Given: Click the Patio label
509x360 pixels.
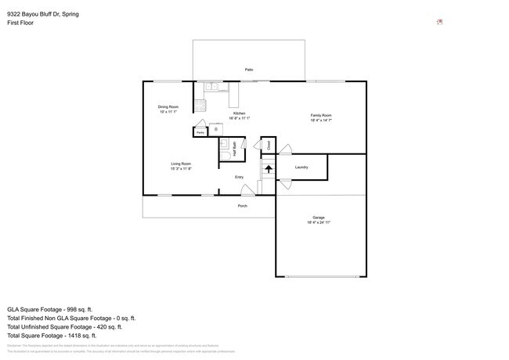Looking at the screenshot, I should [248, 70].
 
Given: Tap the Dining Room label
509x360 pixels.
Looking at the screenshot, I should [168, 106].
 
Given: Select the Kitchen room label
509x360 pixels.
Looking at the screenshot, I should [239, 113].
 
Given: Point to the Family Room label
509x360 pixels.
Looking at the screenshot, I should [321, 115].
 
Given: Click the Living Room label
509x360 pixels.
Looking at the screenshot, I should [181, 164].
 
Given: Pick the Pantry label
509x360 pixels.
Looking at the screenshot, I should [200, 133].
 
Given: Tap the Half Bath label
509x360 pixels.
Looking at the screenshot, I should [234, 146].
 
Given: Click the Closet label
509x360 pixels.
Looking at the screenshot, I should [269, 145].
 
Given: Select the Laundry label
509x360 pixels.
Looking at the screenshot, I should [301, 167].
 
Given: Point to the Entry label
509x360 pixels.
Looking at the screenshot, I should [240, 177].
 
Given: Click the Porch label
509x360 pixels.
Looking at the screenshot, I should [243, 206].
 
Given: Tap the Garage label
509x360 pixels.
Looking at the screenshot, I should [319, 218].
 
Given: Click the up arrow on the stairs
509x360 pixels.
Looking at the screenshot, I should [268, 167].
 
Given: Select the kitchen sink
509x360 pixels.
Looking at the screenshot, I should [215, 86].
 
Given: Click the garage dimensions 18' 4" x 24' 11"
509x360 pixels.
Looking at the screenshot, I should [319, 223].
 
